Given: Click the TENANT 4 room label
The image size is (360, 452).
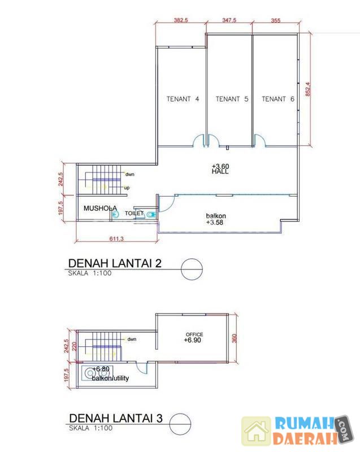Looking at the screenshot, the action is point(183,99).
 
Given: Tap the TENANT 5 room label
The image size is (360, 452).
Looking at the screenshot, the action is point(232,99).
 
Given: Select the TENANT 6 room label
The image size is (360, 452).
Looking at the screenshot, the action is point(278,99).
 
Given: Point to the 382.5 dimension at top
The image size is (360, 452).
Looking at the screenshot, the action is point(181,20).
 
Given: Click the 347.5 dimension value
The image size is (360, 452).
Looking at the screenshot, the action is point(229,20).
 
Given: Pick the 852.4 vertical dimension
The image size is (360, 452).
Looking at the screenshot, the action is point(308,89).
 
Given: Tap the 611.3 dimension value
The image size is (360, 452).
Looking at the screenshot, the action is point(116,238).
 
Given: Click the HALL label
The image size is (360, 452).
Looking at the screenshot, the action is point(220,172).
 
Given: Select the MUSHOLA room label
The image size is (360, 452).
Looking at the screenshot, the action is point(100,208).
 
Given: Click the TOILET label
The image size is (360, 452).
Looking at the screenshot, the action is point(134,214).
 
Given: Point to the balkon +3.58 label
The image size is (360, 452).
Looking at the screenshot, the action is point(215,219).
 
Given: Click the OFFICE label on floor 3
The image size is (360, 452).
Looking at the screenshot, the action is point(194,334).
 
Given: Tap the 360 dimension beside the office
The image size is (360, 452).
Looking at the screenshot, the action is point(235,338).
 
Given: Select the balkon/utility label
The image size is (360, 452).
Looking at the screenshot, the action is point(110,378).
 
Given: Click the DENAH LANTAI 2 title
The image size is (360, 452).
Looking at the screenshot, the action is point(115,263).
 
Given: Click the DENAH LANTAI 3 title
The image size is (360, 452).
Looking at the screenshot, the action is point(116,418).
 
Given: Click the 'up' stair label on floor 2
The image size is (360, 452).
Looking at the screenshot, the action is point(127,188).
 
